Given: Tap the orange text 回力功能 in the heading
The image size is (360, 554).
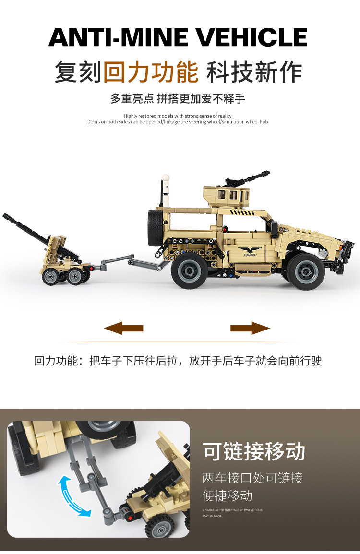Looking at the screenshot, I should click(151, 72).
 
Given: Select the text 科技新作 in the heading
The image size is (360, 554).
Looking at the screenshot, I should click(254, 72).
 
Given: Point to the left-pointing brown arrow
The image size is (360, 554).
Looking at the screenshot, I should click(123, 328).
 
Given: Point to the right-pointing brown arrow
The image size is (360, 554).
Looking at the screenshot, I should click(250, 328).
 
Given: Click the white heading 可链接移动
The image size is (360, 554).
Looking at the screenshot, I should click(254, 452).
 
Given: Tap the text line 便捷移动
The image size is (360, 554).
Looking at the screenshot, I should click(227, 495).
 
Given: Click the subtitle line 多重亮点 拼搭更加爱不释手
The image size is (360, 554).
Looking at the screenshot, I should click(178, 99).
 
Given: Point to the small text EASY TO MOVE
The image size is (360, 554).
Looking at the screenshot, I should click(212, 516).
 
